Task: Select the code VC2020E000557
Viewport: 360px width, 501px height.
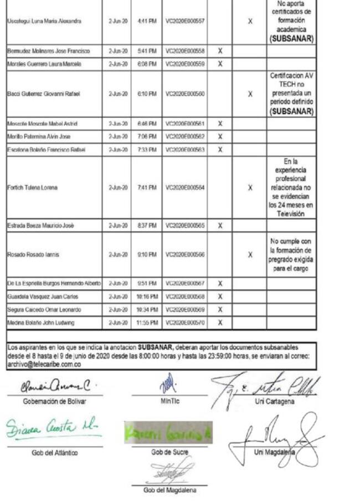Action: point(185,21)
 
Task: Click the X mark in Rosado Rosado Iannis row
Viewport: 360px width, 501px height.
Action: point(250,255)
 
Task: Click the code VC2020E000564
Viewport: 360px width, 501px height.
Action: point(185,188)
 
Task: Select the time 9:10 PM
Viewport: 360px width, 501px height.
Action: point(147,255)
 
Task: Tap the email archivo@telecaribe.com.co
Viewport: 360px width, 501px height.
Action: point(44,364)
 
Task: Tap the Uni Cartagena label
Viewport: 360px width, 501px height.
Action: point(274,401)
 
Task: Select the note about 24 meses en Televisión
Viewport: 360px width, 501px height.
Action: point(291,187)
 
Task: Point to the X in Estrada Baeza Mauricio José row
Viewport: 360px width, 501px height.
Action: point(220,226)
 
